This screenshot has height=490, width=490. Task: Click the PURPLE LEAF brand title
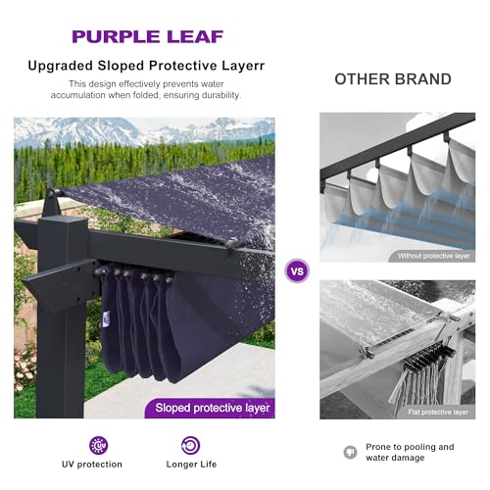click(148, 36)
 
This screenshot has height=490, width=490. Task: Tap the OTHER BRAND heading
click(393, 79)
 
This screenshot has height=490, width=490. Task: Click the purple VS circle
click(297, 270)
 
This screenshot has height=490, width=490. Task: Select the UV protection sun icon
click(99, 445)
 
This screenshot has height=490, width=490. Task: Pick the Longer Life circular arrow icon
click(190, 445)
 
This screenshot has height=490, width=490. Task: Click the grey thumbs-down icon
click(351, 452)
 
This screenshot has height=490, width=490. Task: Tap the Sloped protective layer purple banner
click(210, 408)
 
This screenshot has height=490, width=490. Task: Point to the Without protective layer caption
click(433, 256)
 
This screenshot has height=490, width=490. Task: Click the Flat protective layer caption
click(438, 413)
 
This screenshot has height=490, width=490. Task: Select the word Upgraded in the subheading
click(61, 66)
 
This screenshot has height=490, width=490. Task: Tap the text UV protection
click(92, 465)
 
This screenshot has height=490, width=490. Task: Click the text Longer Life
click(191, 465)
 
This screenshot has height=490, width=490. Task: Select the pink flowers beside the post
click(24, 370)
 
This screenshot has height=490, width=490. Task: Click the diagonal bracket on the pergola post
click(59, 282)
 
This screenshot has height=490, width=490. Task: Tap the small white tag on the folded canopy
click(104, 316)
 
